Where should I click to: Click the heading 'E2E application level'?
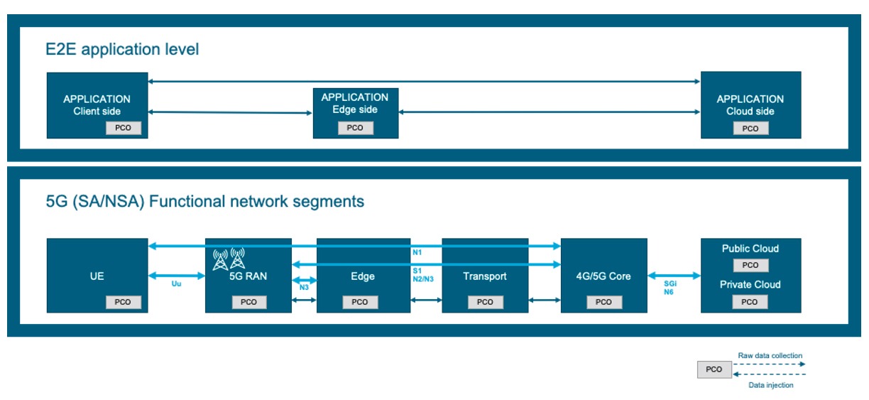pyautogui.click(x=122, y=50)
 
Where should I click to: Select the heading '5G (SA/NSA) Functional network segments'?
pyautogui.click(x=205, y=202)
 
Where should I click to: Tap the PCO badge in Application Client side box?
pyautogui.click(x=124, y=129)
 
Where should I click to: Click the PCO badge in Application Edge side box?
pyautogui.click(x=355, y=128)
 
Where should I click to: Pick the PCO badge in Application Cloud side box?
pyautogui.click(x=750, y=129)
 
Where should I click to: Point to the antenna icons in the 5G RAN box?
pyautogui.click(x=229, y=259)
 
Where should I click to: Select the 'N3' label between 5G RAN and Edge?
pyautogui.click(x=304, y=288)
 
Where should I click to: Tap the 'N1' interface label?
pyautogui.click(x=417, y=252)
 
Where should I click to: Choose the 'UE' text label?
pyautogui.click(x=97, y=276)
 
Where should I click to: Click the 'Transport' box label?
pyautogui.click(x=484, y=276)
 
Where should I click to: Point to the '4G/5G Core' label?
pyautogui.click(x=603, y=276)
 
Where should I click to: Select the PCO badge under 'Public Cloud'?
pyautogui.click(x=750, y=265)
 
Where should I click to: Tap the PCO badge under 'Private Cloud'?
pyautogui.click(x=750, y=302)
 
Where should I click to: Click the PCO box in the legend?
pyautogui.click(x=714, y=369)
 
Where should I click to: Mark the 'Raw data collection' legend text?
pyautogui.click(x=770, y=355)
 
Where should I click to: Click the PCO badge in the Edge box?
pyautogui.click(x=360, y=302)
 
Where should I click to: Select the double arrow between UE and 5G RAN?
pyautogui.click(x=177, y=275)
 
